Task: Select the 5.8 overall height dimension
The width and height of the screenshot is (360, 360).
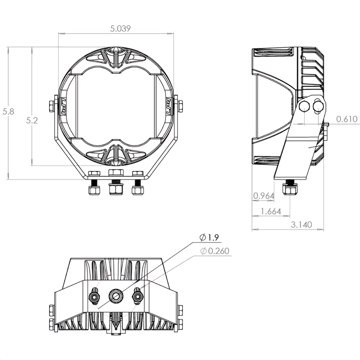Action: tap(8, 112)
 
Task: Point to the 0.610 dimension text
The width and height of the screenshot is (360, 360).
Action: tap(347, 119)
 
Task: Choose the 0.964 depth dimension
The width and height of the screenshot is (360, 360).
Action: tap(264, 196)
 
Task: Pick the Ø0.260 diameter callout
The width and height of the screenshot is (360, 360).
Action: tap(215, 251)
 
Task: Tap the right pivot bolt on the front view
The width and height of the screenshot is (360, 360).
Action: tap(180, 106)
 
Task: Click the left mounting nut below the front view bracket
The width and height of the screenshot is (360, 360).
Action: tap(94, 189)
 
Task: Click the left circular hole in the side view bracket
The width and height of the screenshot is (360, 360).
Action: tap(304, 106)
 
